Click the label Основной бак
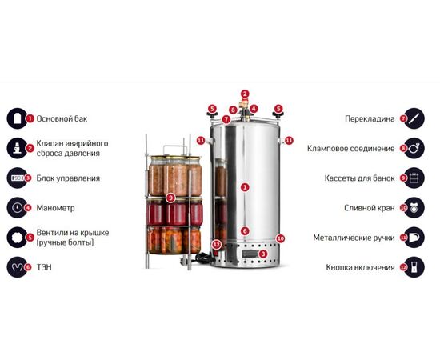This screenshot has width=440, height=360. pyautogui.click(x=62, y=118)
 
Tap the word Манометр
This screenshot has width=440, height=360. pyautogui.click(x=55, y=208)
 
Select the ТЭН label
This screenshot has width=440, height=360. pyautogui.click(x=44, y=267)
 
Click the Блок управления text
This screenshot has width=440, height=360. pyautogui.click(x=68, y=178)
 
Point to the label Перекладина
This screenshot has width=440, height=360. pyautogui.click(x=370, y=118)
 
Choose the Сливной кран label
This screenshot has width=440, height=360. pyautogui.click(x=370, y=208)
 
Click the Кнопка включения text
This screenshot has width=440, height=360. pyautogui.click(x=360, y=267)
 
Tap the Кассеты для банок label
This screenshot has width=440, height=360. pyautogui.click(x=359, y=178)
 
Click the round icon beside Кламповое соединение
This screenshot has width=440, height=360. pyautogui.click(x=414, y=148)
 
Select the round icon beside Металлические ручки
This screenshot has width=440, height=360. pyautogui.click(x=414, y=238)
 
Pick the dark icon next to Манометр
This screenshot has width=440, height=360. pyautogui.click(x=18, y=208)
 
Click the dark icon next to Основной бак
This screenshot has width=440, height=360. pyautogui.click(x=18, y=118)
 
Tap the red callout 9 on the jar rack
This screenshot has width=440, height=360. pyautogui.click(x=170, y=198)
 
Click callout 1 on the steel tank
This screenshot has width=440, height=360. pyautogui.click(x=245, y=187)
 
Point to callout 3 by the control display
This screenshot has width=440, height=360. pyautogui.click(x=262, y=254)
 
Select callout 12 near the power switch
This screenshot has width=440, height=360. pyautogui.click(x=216, y=244)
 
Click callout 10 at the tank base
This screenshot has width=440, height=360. pyautogui.click(x=280, y=238)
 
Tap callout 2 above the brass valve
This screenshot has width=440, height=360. pyautogui.click(x=245, y=94)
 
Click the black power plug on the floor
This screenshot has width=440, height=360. pyautogui.click(x=184, y=262)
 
